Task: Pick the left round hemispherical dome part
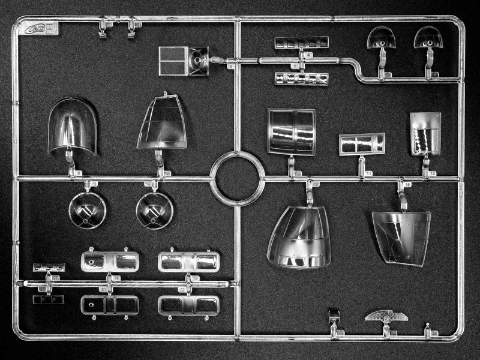click(x=87, y=211)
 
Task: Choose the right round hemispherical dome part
click(x=155, y=211)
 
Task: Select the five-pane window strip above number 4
click(x=301, y=42)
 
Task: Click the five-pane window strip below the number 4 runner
click(x=301, y=79)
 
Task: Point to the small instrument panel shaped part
click(x=386, y=316)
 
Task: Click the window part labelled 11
click(x=362, y=144)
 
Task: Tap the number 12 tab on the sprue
click(x=433, y=173)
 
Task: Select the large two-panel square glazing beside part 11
click(x=291, y=132)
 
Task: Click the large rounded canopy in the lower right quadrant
click(x=299, y=236)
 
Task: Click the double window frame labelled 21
click(x=110, y=305)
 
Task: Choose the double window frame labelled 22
click(x=188, y=305)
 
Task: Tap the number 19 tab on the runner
click(x=195, y=277)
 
